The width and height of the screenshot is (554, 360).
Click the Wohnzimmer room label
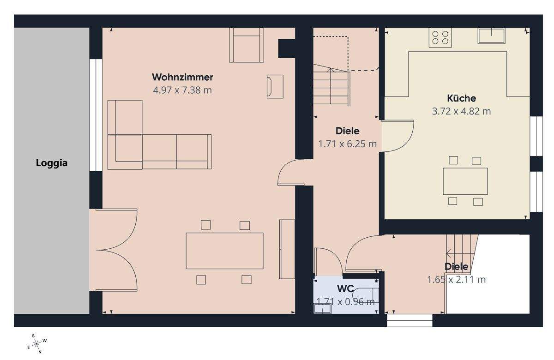182,77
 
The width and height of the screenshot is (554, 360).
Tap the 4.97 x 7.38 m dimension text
182,90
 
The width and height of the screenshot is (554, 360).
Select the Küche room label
461,98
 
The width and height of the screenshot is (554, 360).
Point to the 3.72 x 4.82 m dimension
461,111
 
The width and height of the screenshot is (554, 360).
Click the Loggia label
52,163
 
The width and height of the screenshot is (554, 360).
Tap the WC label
345,289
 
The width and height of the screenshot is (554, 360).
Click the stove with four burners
440,37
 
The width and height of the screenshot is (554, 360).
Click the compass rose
37,343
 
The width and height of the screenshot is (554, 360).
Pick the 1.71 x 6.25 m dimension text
347,144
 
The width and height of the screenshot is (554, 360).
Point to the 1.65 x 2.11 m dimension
456,280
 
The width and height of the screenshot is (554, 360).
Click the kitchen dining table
465,181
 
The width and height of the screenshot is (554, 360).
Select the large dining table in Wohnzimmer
224,251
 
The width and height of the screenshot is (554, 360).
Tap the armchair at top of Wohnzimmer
247,45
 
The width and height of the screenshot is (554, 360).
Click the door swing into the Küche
398,136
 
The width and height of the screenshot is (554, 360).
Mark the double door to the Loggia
118,250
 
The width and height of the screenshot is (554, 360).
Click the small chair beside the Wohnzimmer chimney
275,86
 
